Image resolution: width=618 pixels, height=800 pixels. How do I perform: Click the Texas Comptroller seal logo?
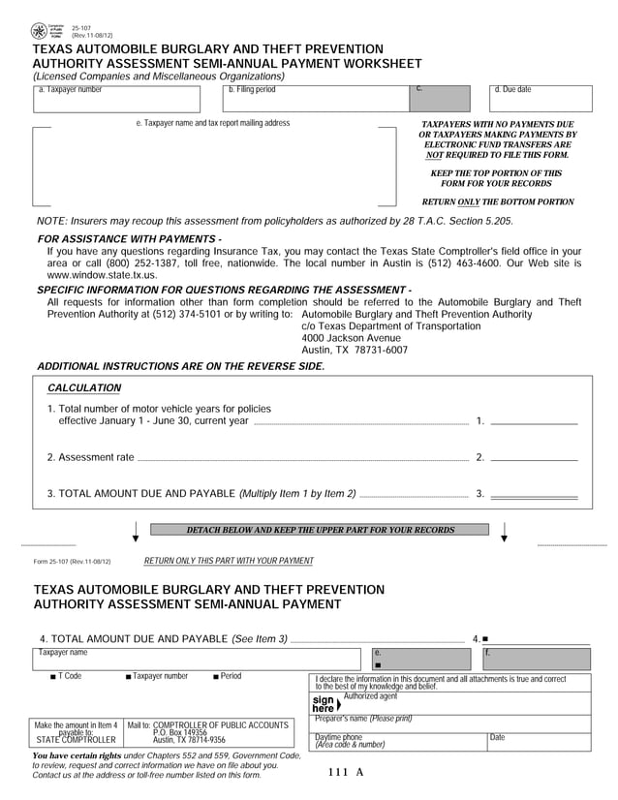(x=39, y=31)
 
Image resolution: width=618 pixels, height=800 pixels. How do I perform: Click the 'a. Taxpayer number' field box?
(x=115, y=99)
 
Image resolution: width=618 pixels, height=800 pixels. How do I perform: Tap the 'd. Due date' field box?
(x=541, y=99)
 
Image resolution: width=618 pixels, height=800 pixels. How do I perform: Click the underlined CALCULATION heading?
(x=84, y=388)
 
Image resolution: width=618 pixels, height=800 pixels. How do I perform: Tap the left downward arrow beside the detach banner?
(x=135, y=532)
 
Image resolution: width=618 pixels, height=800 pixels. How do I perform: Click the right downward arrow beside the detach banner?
(x=505, y=532)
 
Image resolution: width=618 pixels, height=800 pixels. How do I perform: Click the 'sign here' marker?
(x=325, y=703)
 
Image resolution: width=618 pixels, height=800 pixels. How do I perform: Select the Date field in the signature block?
(x=538, y=741)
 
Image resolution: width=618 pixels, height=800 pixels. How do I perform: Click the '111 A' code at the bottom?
(x=346, y=772)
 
